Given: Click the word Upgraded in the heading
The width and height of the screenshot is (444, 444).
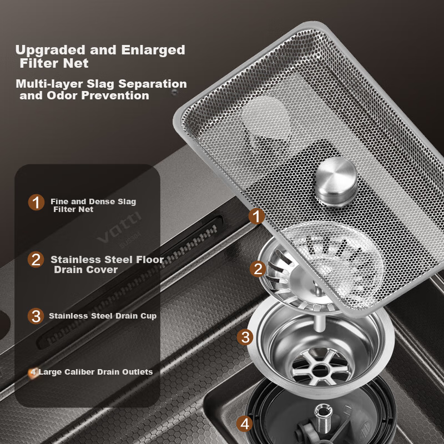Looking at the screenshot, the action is (51, 51).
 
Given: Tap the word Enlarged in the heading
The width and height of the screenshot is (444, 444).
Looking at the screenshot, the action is (153, 50).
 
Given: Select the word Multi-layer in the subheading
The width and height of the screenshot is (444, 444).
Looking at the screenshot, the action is (49, 84).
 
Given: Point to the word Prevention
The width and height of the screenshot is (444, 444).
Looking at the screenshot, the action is (115, 95).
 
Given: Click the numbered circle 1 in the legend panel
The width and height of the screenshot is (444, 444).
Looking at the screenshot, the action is (36, 202).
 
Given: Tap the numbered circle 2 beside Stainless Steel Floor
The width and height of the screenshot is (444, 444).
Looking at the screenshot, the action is (36, 259).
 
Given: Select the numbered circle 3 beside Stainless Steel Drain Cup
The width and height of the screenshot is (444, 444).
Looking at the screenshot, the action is (36, 316).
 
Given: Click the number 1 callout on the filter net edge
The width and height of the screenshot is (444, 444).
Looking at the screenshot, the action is (256, 216).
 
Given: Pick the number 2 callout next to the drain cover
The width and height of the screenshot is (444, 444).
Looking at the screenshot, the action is (258, 269).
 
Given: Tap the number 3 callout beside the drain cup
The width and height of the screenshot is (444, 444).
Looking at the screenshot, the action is (245, 337).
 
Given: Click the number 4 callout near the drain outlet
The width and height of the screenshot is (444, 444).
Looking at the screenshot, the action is (245, 423).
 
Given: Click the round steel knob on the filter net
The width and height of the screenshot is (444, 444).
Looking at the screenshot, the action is (336, 181).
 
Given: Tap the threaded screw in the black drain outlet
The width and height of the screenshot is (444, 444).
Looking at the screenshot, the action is (323, 418).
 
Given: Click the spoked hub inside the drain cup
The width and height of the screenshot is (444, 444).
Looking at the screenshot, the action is (321, 367).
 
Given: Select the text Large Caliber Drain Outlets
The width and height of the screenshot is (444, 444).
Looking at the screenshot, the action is (95, 372).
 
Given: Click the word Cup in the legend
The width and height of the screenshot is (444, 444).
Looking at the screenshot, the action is (149, 316).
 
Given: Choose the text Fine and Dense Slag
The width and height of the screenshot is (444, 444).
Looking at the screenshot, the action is (93, 201).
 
